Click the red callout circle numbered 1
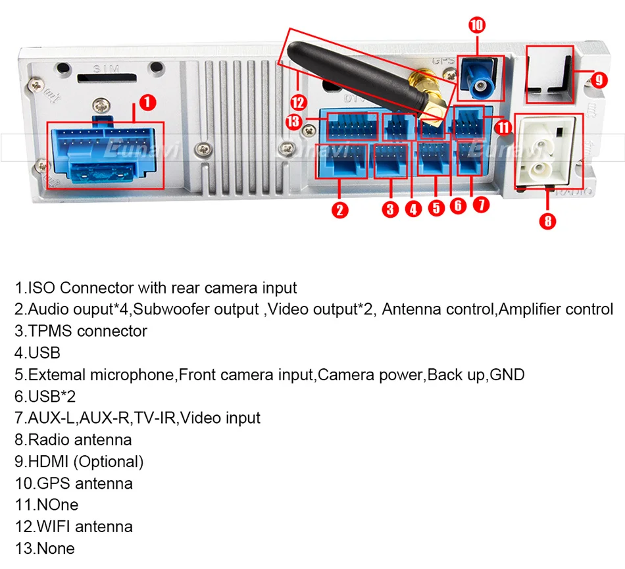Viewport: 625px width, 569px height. coord(148,102)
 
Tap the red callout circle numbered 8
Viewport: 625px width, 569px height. coord(547,220)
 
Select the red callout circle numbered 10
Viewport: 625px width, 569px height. coord(477,26)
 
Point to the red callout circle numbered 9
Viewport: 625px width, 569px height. coord(597,80)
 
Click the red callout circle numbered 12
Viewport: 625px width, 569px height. coord(299,102)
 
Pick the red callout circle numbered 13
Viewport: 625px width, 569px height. coord(294,122)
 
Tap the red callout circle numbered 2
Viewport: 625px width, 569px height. coord(339,210)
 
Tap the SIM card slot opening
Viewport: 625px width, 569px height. coord(105,78)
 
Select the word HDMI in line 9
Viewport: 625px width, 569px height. coord(49,461)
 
